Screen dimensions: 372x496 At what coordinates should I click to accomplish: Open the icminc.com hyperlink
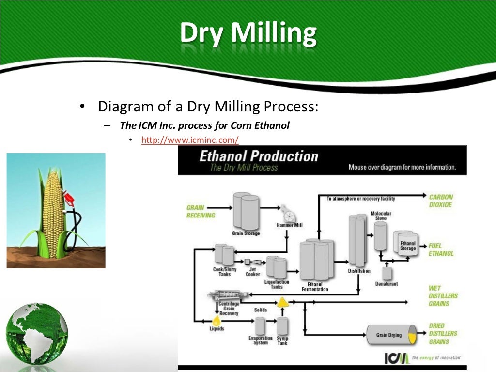[x=190, y=140]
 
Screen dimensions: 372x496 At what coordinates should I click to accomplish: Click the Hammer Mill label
[x=289, y=225]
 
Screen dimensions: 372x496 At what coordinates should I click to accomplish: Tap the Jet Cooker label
[x=252, y=272]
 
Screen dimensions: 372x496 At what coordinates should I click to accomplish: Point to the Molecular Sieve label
[x=381, y=216]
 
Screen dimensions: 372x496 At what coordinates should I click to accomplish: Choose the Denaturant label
[x=386, y=284]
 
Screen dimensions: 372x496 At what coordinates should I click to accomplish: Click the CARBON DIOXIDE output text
[x=440, y=201]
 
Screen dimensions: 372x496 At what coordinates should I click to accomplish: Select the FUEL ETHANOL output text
[x=441, y=249]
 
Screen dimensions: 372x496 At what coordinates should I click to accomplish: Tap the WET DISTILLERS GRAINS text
[x=443, y=295]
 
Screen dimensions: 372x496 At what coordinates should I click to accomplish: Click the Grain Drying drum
[x=390, y=335]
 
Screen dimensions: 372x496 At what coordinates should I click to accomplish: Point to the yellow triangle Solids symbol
[x=282, y=303]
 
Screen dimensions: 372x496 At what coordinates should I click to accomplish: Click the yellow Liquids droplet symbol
[x=216, y=321]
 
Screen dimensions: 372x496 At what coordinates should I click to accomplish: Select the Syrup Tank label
[x=282, y=341]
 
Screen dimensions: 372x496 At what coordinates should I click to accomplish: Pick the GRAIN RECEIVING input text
[x=201, y=212]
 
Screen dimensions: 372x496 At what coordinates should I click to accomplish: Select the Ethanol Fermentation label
[x=314, y=287]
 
